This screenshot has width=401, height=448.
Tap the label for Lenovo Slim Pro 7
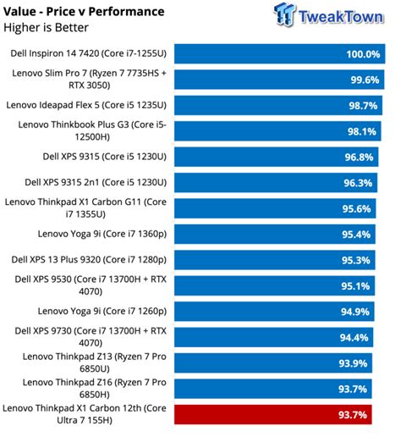coord(88,80)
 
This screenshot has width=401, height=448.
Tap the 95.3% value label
coord(362,259)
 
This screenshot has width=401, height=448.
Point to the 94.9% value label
coord(362,311)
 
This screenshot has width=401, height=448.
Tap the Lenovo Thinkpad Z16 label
coord(88,388)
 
